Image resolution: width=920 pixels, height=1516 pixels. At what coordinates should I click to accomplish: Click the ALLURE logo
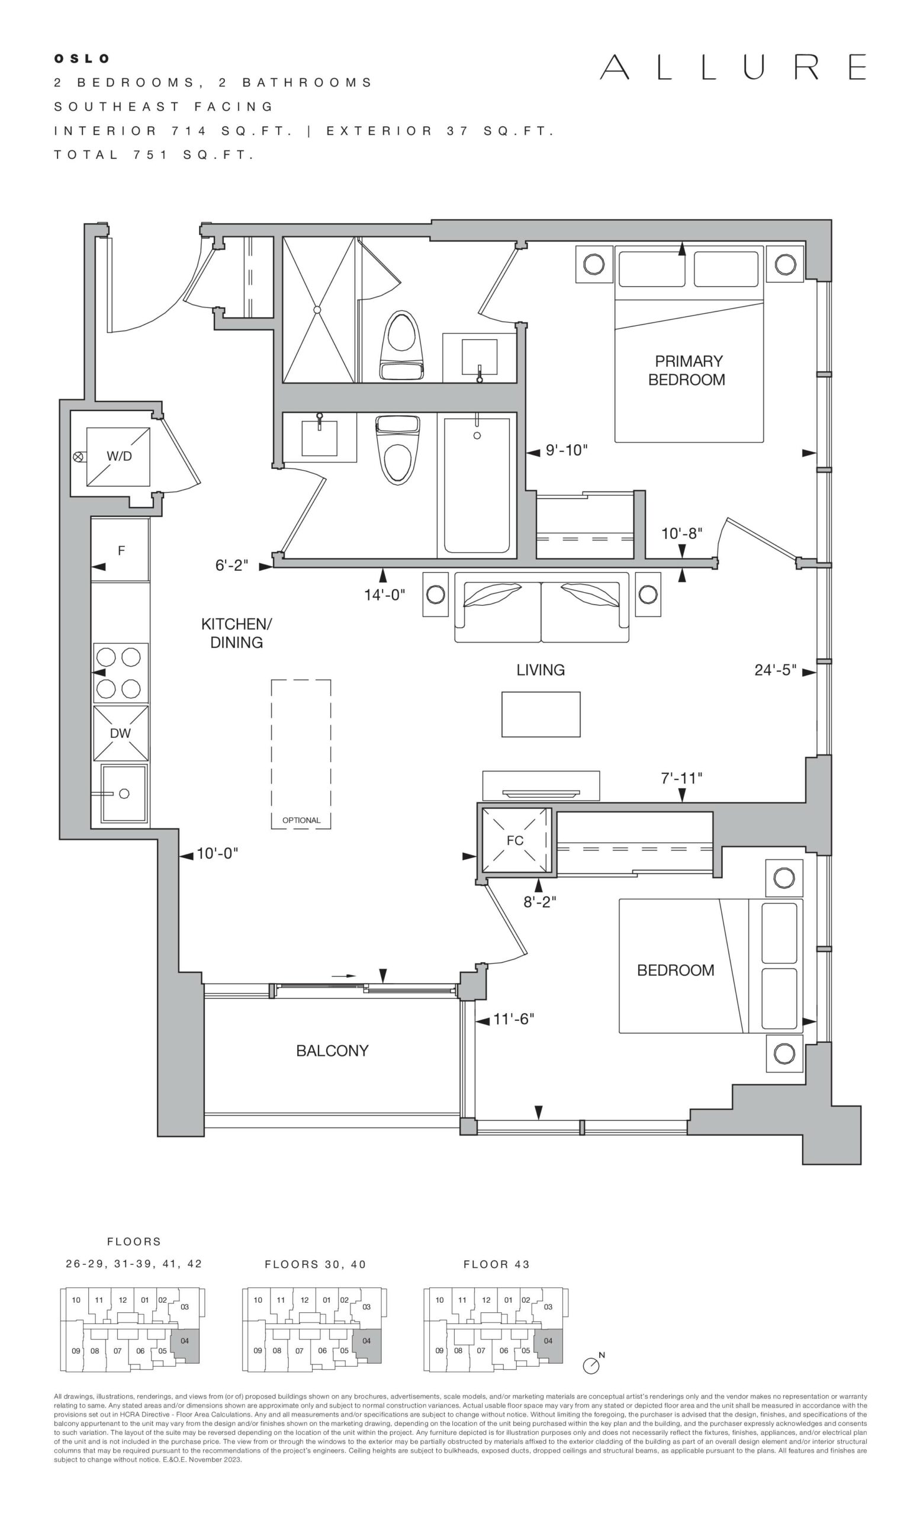click(x=733, y=67)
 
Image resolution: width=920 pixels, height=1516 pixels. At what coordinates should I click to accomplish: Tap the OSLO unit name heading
click(x=82, y=59)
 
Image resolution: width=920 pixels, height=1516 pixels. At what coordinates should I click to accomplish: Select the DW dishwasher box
click(x=121, y=733)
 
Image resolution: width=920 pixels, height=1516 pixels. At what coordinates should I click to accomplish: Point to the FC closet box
click(x=515, y=840)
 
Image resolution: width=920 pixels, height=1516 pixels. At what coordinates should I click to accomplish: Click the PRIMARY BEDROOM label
click(x=687, y=370)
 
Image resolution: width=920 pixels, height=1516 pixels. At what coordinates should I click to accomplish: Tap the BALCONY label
click(x=332, y=1051)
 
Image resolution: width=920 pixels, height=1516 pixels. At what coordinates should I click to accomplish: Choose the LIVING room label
click(x=541, y=670)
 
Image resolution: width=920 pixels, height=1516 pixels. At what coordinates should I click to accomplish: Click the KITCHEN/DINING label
click(x=237, y=633)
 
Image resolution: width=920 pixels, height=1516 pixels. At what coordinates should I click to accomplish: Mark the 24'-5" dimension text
click(x=776, y=670)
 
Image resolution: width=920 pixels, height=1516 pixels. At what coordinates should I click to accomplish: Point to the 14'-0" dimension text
click(x=384, y=595)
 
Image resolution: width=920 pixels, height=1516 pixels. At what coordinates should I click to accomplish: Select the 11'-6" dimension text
click(x=513, y=1020)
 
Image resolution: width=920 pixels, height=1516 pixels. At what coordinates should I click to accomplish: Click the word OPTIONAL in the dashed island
click(x=301, y=820)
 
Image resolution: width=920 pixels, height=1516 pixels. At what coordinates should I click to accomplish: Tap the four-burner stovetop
click(x=121, y=673)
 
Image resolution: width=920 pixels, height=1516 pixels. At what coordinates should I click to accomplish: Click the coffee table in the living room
click(x=541, y=714)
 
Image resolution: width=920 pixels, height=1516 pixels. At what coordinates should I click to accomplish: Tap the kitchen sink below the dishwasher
click(x=124, y=794)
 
